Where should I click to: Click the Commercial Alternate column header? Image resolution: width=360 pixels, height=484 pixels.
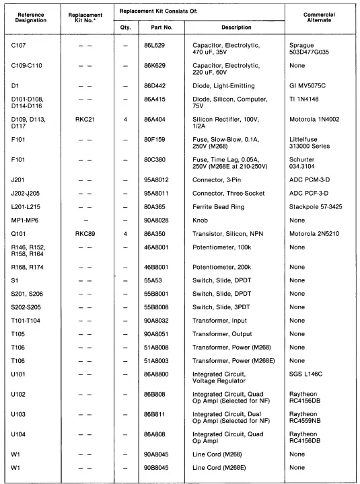click(x=319, y=18)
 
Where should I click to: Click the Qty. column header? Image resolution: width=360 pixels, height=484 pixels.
click(x=125, y=28)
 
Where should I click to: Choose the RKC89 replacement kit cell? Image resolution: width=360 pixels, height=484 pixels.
click(x=84, y=233)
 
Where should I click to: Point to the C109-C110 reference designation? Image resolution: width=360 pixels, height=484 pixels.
click(x=27, y=66)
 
